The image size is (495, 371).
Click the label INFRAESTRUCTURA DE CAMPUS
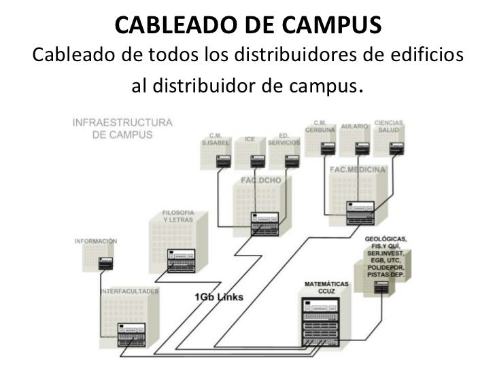click(x=122, y=128)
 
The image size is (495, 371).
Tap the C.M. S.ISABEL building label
click(x=216, y=139)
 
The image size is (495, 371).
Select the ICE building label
click(x=250, y=139)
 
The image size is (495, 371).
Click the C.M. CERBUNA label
click(x=319, y=126)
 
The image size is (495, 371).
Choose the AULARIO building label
click(x=355, y=126)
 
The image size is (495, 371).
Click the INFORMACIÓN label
click(x=97, y=241)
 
